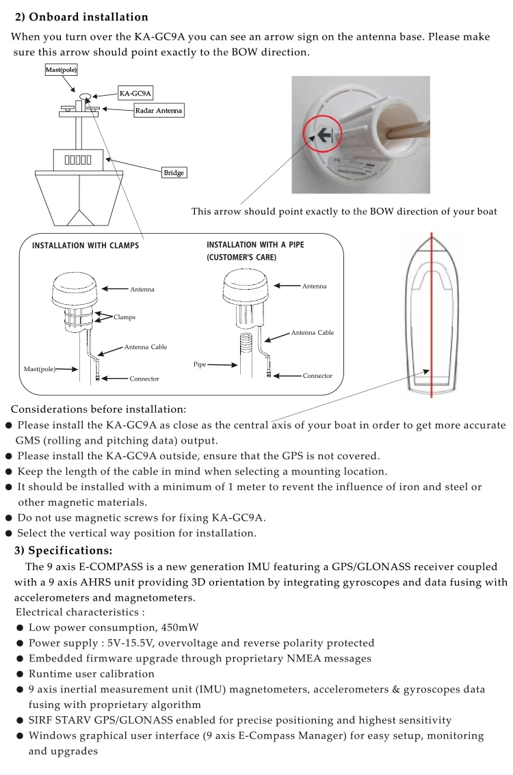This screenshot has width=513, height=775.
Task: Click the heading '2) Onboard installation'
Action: [81, 17]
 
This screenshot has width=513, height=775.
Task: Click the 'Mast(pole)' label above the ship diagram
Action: [61, 70]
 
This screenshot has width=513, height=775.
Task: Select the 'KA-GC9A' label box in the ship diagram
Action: [135, 94]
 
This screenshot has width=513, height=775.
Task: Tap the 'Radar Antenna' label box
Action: [159, 111]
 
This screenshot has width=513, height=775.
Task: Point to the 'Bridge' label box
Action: [174, 173]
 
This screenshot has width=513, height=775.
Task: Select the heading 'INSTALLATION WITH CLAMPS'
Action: [85, 246]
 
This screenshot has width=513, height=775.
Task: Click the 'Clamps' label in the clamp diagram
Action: [124, 317]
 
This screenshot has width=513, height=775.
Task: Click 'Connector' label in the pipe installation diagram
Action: [317, 376]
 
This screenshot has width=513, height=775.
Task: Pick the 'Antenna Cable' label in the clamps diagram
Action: [145, 347]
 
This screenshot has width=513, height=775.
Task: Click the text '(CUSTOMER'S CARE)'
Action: [241, 258]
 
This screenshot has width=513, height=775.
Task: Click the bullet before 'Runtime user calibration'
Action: [21, 674]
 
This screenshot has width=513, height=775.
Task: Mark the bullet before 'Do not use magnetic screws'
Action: [9, 517]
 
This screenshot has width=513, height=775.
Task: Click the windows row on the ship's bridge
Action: [79, 161]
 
